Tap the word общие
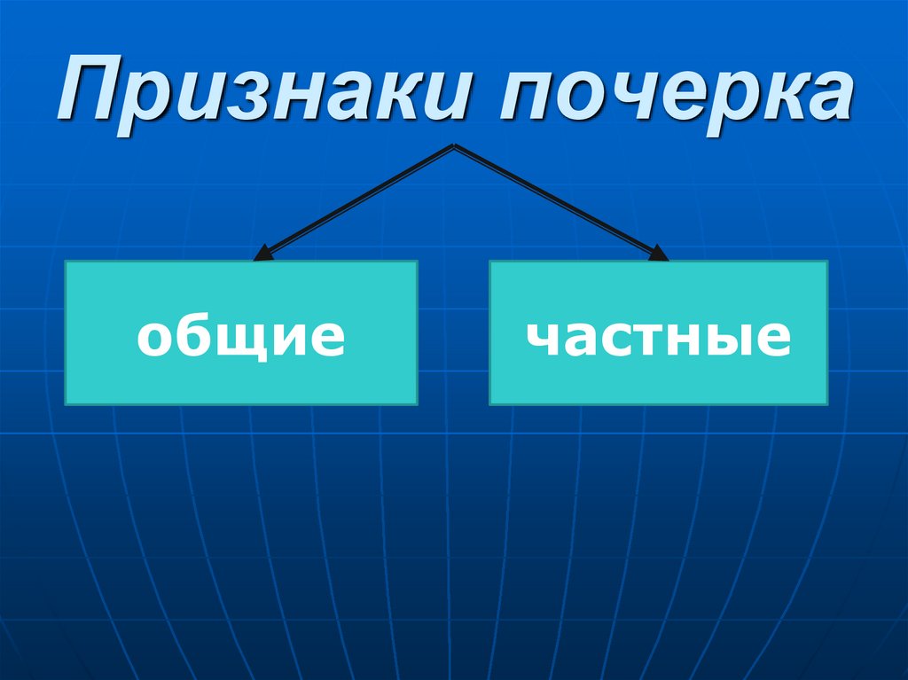pyautogui.click(x=240, y=338)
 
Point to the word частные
pyautogui.click(x=657, y=338)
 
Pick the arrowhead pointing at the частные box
pyautogui.click(x=659, y=254)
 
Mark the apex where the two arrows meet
pyautogui.click(x=454, y=146)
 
